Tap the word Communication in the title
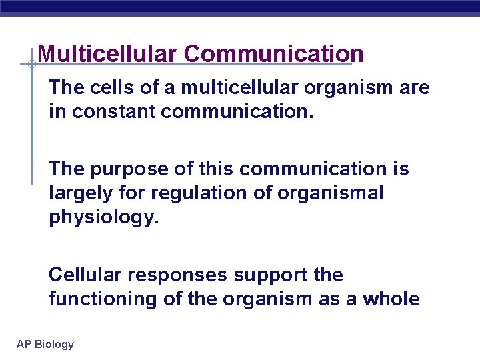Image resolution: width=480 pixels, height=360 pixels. [274, 54]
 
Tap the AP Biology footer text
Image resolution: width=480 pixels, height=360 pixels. [45, 344]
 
